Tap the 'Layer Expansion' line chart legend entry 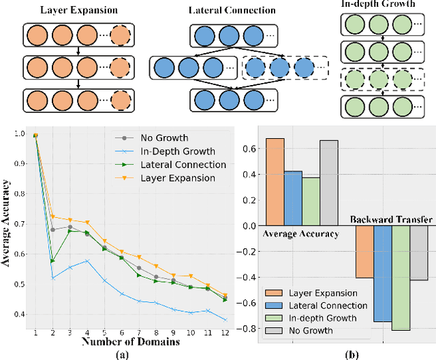(x=177, y=179)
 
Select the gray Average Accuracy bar (x=329, y=183)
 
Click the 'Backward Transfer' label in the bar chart (x=390, y=220)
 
